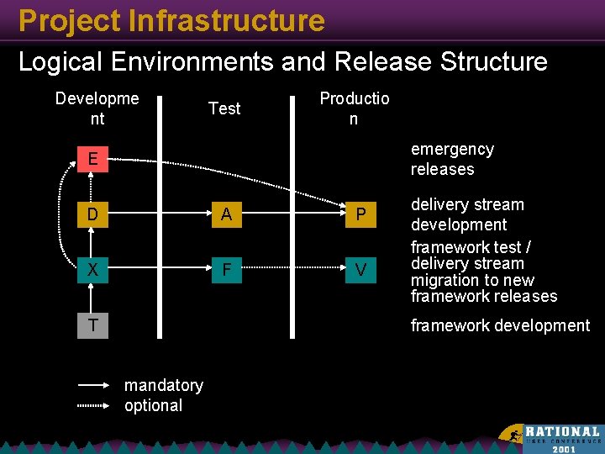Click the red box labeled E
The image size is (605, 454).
click(92, 159)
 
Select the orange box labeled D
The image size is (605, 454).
click(92, 214)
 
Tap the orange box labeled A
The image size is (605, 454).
click(226, 214)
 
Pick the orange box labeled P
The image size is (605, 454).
click(360, 214)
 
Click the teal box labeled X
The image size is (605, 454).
click(92, 270)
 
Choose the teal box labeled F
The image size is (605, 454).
click(226, 270)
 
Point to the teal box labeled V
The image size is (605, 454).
click(360, 270)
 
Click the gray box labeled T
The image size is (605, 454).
click(92, 325)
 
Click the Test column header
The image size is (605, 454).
click(224, 108)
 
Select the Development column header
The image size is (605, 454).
click(97, 108)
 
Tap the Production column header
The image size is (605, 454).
click(354, 108)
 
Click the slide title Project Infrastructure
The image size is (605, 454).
click(171, 20)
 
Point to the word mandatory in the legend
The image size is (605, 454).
click(164, 385)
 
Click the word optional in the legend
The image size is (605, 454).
click(153, 405)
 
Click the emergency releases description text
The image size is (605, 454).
click(451, 159)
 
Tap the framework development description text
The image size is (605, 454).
click(500, 325)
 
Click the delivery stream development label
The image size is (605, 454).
click(466, 214)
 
